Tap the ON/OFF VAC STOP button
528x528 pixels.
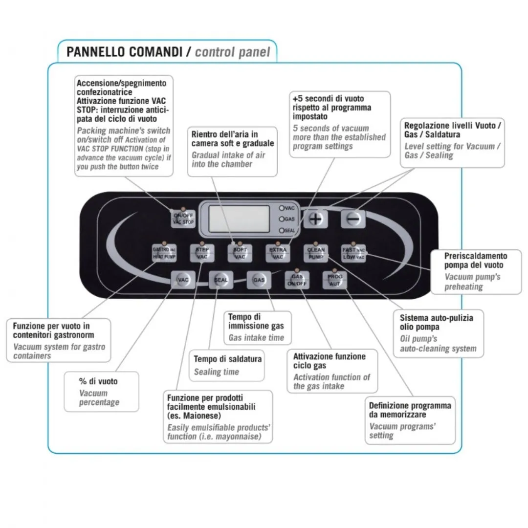pyautogui.click(x=183, y=218)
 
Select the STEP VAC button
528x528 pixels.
pyautogui.click(x=202, y=253)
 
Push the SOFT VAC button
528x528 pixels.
pyautogui.click(x=240, y=253)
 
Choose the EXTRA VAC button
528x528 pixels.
pyautogui.click(x=278, y=253)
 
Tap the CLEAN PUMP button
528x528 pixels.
pyautogui.click(x=316, y=253)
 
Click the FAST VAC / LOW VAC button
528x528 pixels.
pyautogui.click(x=353, y=253)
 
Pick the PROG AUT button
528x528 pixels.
pyautogui.click(x=335, y=280)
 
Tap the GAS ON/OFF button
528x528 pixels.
pyautogui.click(x=297, y=280)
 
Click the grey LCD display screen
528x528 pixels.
pyautogui.click(x=239, y=219)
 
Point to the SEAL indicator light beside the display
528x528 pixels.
pyautogui.click(x=282, y=230)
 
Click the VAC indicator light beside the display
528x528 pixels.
pyautogui.click(x=282, y=208)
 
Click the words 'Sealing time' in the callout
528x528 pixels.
pyautogui.click(x=216, y=372)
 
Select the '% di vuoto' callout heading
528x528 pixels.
pyautogui.click(x=98, y=381)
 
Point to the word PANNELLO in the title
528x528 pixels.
pyautogui.click(x=95, y=52)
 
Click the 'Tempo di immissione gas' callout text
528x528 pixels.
pyautogui.click(x=256, y=321)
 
